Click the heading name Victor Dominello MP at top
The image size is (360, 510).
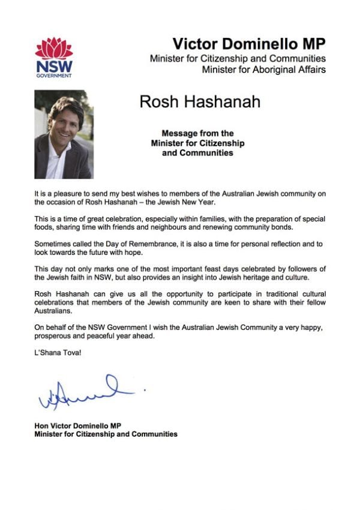coord(249,43)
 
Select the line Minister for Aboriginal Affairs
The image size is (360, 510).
coord(264,70)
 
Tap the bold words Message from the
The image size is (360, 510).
coord(197,133)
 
